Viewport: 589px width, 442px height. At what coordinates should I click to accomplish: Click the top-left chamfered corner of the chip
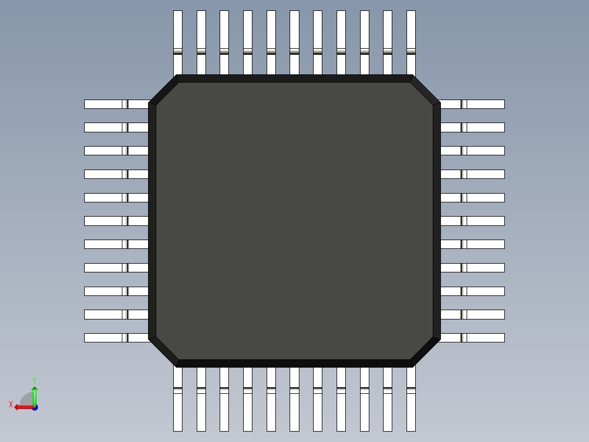pyautogui.click(x=164, y=90)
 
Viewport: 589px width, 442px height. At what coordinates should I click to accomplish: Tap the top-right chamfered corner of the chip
pyautogui.click(x=425, y=90)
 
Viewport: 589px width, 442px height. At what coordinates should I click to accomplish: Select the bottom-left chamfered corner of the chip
pyautogui.click(x=164, y=352)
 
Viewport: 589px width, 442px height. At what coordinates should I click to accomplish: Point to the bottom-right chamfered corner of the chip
pyautogui.click(x=425, y=352)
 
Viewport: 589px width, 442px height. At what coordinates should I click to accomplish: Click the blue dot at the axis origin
pyautogui.click(x=34, y=407)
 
